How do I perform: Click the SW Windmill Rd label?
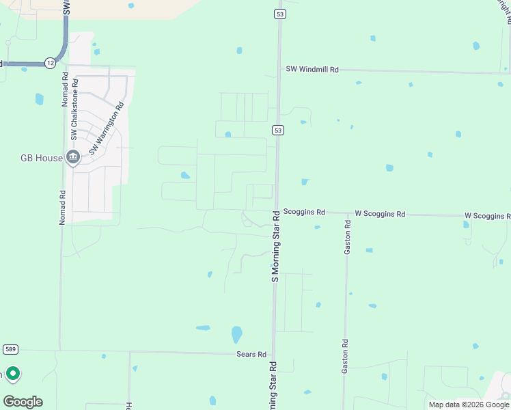tap(312, 70)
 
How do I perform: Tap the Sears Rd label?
tap(251, 354)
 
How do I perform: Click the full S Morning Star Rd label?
tap(275, 247)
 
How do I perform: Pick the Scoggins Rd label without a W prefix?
tap(304, 213)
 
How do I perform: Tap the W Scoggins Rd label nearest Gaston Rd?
tap(378, 214)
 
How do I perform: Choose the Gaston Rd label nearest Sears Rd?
tap(346, 357)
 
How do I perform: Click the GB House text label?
tap(41, 158)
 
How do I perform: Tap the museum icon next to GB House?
tap(73, 158)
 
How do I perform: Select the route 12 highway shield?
tap(50, 62)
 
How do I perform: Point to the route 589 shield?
tap(10, 349)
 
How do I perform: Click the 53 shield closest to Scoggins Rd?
tap(277, 130)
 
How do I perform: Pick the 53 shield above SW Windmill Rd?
tap(279, 14)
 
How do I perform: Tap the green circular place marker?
tap(12, 374)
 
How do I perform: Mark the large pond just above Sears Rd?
tap(236, 335)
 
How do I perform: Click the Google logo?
tap(23, 401)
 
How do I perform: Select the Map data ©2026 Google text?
tap(468, 405)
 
